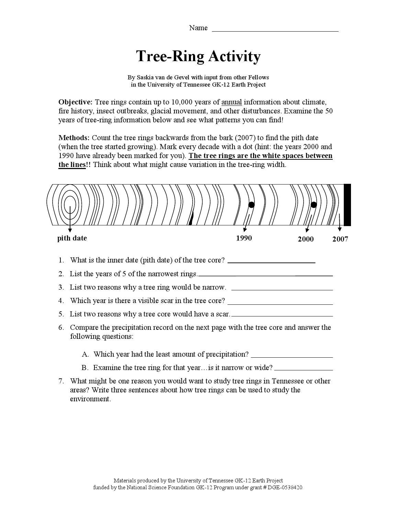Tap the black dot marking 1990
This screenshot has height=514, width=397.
(251, 205)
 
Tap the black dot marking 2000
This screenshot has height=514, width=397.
(314, 205)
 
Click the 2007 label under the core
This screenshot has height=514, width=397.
(340, 239)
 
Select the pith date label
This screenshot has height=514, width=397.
(72, 238)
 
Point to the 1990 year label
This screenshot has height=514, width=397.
(244, 238)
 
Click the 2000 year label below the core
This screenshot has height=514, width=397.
(306, 239)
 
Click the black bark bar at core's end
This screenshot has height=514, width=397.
(347, 205)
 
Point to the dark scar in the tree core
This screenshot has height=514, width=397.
(191, 218)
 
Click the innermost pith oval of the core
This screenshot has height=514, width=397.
(70, 205)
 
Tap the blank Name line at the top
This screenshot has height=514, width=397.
(275, 29)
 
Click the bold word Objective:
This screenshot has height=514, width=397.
(76, 102)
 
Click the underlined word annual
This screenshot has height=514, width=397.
(231, 102)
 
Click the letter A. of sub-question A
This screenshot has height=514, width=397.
(86, 354)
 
